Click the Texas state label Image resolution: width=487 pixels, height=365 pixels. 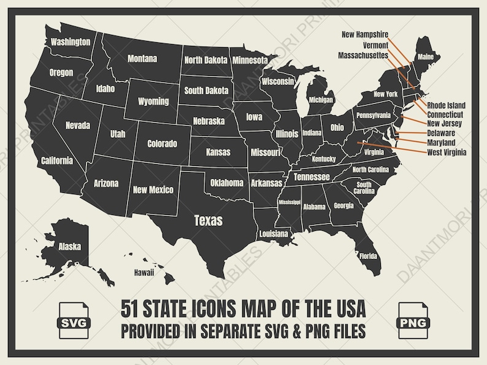point(208,220)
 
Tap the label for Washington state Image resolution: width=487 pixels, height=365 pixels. point(71,42)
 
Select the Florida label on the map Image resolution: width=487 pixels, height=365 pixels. point(368,256)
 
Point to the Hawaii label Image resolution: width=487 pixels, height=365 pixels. point(141,273)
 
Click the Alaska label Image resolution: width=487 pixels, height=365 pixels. point(69,247)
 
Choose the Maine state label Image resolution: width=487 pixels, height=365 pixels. point(426,57)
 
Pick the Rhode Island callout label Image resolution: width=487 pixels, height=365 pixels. point(446,105)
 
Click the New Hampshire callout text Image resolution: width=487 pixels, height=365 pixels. point(365,34)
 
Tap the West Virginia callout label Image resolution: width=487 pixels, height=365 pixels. point(446,152)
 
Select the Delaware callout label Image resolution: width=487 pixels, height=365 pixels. point(441,133)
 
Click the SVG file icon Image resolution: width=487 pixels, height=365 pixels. point(74,318)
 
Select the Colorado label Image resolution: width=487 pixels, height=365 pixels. point(162,144)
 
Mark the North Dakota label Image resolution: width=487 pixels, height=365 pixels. point(205,60)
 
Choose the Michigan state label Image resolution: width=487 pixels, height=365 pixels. point(321,100)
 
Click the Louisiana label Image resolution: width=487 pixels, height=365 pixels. point(274,234)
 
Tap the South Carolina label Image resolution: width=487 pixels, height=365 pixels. point(364,187)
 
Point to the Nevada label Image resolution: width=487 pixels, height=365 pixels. point(78,126)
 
